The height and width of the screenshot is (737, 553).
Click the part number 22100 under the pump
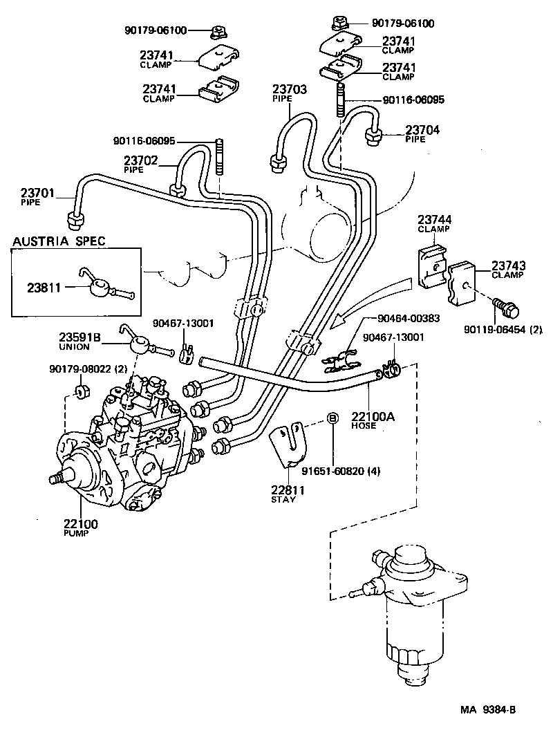pos(80,525)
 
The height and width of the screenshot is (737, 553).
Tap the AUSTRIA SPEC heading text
pos(59,241)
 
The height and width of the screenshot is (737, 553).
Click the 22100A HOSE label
pos(373,420)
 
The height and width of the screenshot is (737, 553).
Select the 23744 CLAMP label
pos(435,225)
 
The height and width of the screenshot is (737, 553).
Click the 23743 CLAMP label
pos(509,270)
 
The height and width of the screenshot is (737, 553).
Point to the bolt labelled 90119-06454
pos(507,308)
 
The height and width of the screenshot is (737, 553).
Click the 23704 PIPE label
pos(422,133)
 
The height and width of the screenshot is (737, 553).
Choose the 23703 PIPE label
pos(290,93)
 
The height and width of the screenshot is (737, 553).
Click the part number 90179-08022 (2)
pos(88,370)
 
